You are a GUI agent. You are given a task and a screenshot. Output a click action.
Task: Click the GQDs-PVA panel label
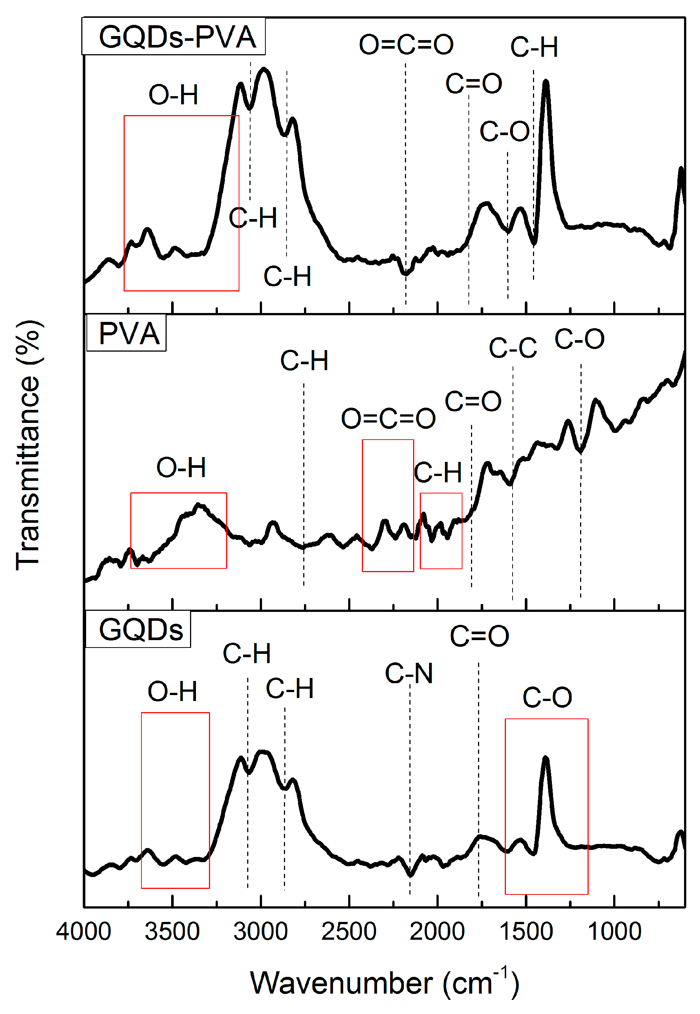(x=177, y=37)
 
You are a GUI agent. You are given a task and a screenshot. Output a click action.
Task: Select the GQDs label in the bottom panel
(x=140, y=630)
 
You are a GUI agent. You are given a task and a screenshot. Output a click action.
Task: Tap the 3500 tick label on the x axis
(x=172, y=931)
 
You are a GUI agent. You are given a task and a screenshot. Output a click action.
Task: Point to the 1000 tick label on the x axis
(x=614, y=931)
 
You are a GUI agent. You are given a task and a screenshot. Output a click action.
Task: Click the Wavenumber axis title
(x=384, y=983)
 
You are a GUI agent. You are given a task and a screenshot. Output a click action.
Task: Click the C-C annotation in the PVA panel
(x=512, y=348)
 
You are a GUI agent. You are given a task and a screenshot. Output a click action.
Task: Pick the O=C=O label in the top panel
(x=406, y=45)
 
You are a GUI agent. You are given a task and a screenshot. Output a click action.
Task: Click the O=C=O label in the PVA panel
(x=388, y=418)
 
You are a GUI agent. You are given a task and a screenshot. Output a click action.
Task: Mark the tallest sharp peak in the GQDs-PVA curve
(x=546, y=82)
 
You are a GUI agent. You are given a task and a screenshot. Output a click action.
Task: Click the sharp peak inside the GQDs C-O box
(x=545, y=759)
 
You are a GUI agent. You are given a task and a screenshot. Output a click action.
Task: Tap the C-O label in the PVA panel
(x=579, y=339)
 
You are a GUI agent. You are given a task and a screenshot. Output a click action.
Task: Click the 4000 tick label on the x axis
(x=84, y=931)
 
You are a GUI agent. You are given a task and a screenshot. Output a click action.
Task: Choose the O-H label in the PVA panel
(x=181, y=467)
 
